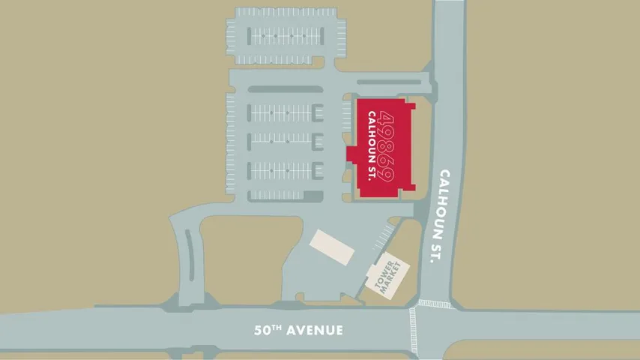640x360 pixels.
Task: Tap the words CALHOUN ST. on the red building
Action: (372, 146)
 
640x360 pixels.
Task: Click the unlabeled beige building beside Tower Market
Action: (332, 247)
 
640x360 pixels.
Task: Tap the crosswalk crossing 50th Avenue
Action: (412, 330)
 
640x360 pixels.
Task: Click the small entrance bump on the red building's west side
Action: (351, 154)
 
